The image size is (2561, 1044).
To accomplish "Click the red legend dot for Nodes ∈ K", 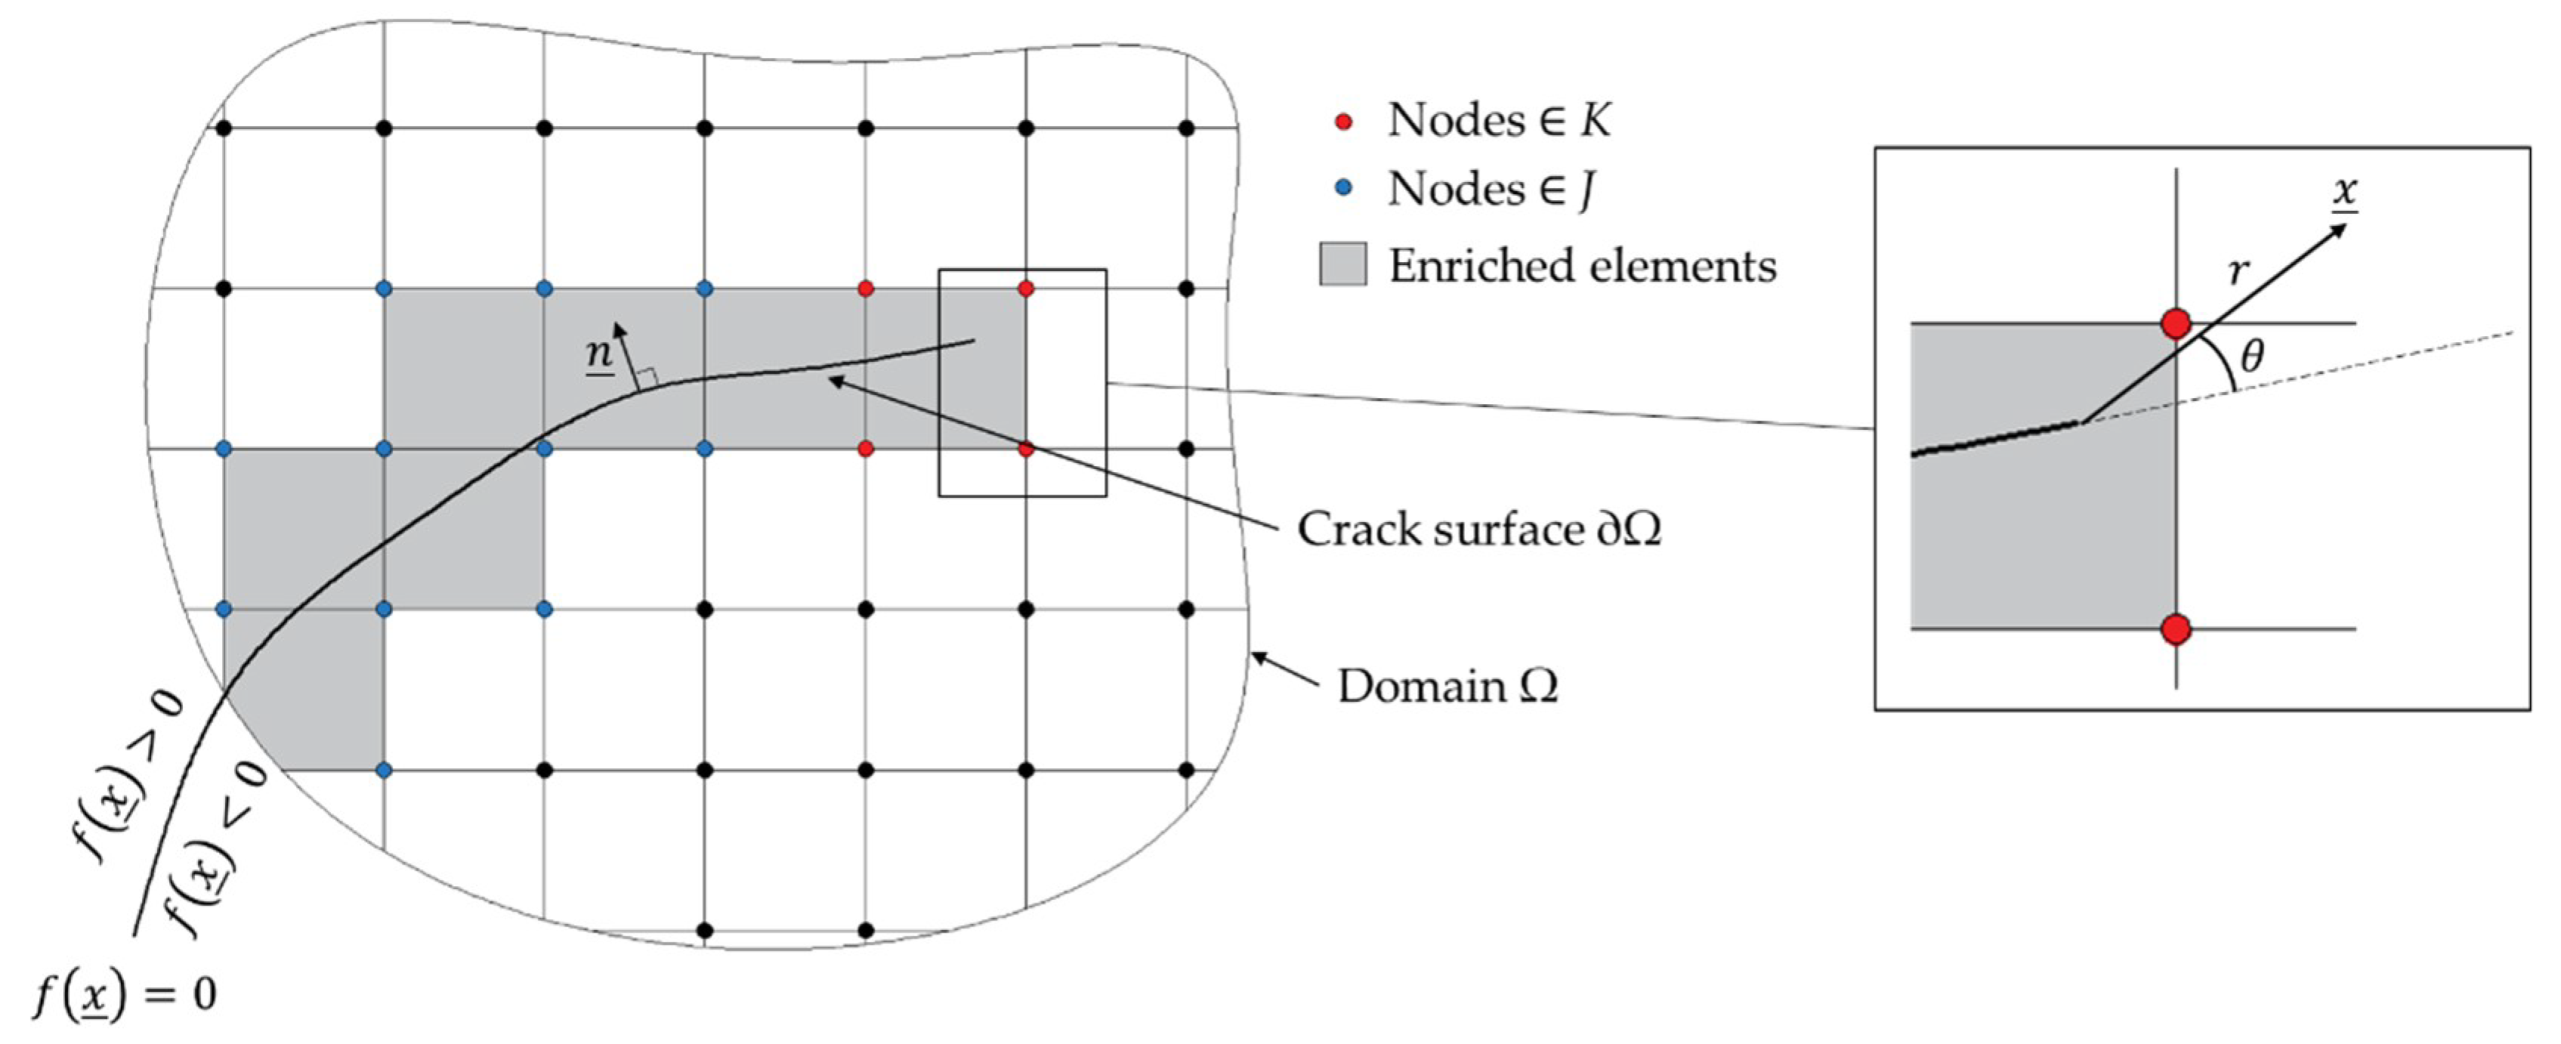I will click(1344, 122).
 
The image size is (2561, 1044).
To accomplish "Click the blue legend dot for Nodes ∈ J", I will click(1344, 188).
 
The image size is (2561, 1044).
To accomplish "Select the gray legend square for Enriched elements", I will click(1342, 264).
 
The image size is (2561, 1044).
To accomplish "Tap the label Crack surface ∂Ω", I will click(1478, 529).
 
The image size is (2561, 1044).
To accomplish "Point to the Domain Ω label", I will click(1447, 687).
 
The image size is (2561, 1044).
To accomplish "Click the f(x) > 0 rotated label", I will click(129, 776).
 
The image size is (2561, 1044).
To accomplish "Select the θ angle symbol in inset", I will click(2253, 356).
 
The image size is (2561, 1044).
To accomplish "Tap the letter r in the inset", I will click(2238, 270).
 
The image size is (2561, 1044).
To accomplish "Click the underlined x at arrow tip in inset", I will click(2345, 191).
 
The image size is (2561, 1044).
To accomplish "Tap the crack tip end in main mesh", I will click(973, 342).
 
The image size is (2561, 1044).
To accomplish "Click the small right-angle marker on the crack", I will click(647, 377).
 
